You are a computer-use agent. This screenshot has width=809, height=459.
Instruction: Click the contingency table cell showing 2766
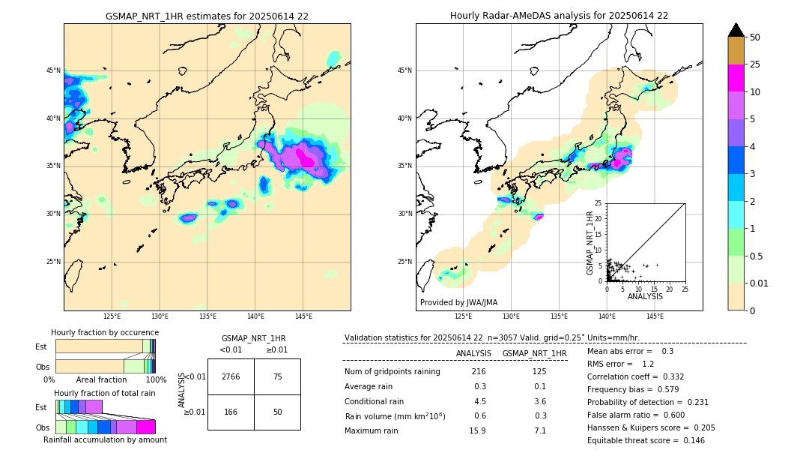tap(231, 376)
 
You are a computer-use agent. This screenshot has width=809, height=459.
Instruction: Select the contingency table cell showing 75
tap(277, 376)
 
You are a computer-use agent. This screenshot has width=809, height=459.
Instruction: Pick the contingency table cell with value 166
tap(231, 412)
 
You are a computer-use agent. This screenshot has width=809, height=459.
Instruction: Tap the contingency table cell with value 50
tap(277, 412)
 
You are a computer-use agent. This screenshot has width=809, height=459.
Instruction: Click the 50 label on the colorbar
tap(755, 37)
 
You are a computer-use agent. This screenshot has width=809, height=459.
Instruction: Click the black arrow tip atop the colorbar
tap(736, 29)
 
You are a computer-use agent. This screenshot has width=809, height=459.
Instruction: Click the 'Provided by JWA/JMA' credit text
tap(458, 303)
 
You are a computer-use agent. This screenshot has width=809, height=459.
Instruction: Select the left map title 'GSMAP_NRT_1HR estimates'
tap(207, 16)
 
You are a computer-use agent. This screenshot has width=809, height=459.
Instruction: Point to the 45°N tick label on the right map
tap(404, 70)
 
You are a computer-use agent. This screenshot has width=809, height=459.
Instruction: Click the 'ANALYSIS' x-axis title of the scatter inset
tap(645, 297)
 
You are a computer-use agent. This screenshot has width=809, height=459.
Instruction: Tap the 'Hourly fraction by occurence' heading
tap(105, 332)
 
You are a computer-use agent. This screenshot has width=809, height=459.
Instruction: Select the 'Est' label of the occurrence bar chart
tap(41, 346)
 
